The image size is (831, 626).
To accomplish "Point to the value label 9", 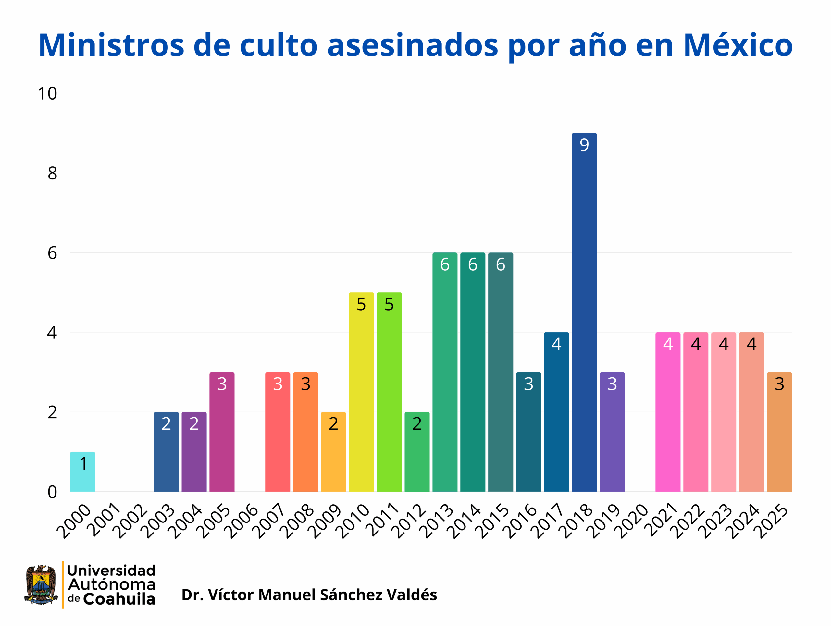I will [x=584, y=145].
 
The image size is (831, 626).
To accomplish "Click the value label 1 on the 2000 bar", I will [x=83, y=463].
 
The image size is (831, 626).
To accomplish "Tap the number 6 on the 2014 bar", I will [x=473, y=264].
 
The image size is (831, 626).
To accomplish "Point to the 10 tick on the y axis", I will [x=47, y=93].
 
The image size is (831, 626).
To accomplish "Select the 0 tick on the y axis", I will [x=52, y=492].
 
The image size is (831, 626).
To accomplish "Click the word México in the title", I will [x=738, y=45].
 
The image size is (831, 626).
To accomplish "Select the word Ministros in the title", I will [x=111, y=45].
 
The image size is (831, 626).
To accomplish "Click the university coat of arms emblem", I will [x=41, y=585].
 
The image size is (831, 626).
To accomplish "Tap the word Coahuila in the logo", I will [x=119, y=599].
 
